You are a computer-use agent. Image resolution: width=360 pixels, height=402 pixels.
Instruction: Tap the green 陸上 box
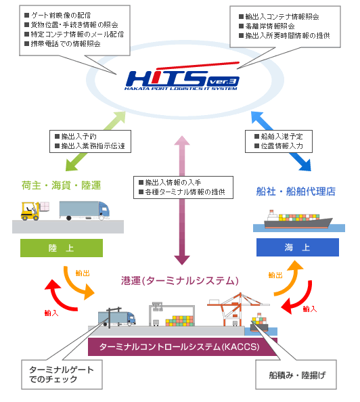point(62,248)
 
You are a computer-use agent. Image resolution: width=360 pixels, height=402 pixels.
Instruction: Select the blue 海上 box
point(298,248)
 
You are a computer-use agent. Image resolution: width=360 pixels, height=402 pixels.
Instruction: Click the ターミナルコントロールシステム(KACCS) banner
point(183,346)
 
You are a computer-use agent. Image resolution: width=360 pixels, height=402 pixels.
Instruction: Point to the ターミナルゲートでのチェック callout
point(62,374)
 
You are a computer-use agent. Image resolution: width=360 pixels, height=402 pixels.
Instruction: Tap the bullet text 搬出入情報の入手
point(176,183)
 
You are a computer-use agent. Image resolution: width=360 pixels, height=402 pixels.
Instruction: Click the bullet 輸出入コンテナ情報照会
point(284,15)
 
